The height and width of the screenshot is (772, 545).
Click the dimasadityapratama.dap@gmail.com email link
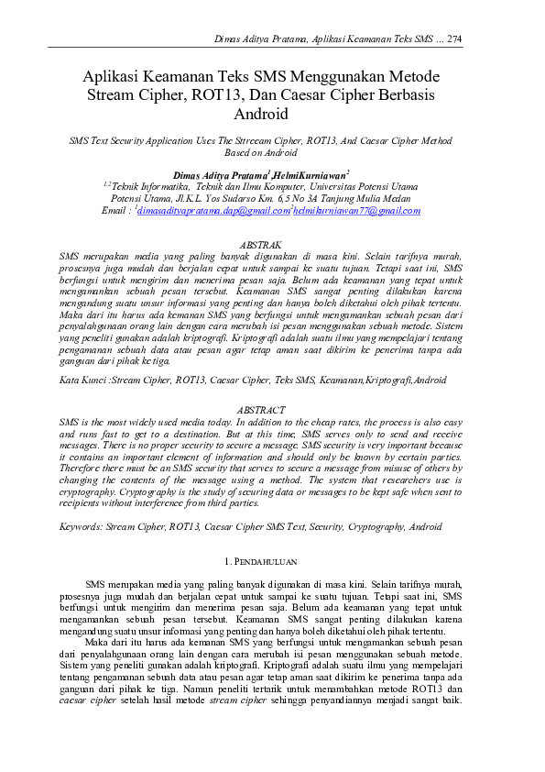point(212,210)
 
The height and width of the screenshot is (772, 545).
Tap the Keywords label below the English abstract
point(80,527)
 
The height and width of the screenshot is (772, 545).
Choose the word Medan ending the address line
point(397,197)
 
